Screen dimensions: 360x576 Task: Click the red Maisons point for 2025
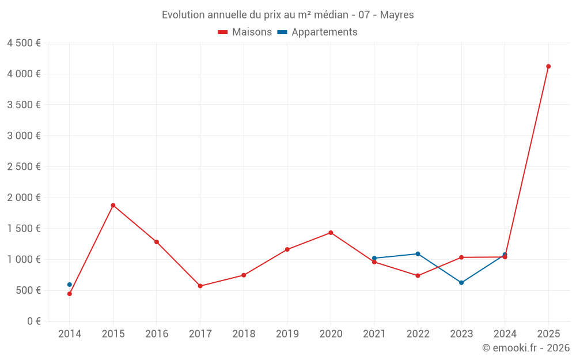tap(548, 66)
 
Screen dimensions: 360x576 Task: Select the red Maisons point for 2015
tap(113, 205)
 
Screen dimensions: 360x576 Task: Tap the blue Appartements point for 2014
tap(70, 285)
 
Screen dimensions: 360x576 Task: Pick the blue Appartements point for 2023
tap(461, 283)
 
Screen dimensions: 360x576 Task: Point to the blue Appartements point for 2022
tap(418, 253)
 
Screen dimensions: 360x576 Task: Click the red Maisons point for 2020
tap(331, 233)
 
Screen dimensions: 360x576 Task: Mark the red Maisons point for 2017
tap(200, 286)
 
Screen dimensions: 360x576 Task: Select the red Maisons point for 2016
tap(157, 242)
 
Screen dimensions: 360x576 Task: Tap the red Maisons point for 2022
tap(418, 275)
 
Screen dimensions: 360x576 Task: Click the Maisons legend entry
tap(245, 32)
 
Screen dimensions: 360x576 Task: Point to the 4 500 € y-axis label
tap(24, 43)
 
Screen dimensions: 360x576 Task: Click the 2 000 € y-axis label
tap(24, 198)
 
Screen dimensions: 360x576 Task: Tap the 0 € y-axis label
tap(31, 321)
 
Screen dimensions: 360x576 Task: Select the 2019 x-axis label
tap(287, 334)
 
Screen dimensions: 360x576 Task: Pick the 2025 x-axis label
tap(548, 334)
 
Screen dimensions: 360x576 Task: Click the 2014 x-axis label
tap(70, 334)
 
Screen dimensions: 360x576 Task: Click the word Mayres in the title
tap(397, 15)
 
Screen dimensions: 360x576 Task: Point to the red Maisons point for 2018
tap(244, 275)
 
